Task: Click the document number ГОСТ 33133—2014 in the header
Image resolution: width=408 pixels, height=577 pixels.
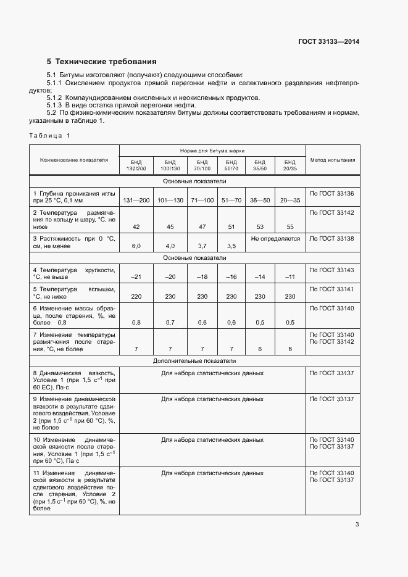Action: (x=328, y=41)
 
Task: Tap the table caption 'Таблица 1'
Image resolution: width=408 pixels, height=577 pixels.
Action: (x=49, y=135)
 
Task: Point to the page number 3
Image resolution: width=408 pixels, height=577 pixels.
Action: (x=357, y=525)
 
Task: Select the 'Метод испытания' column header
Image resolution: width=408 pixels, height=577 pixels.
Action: (x=332, y=160)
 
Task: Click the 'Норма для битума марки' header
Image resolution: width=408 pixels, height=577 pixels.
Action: (x=212, y=150)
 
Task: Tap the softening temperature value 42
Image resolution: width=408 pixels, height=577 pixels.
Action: (x=136, y=227)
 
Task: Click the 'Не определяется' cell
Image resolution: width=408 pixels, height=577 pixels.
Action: (x=275, y=238)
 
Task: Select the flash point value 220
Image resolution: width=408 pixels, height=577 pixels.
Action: (x=136, y=297)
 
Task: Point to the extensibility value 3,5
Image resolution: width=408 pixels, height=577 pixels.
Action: (x=231, y=246)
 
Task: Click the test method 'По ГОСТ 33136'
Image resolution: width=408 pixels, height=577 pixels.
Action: (x=332, y=194)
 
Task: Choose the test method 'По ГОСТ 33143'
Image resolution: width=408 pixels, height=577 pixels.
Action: (x=332, y=270)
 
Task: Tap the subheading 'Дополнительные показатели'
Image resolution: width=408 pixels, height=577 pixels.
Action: (x=212, y=361)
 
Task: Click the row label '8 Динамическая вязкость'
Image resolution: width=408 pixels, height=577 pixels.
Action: (x=73, y=373)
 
